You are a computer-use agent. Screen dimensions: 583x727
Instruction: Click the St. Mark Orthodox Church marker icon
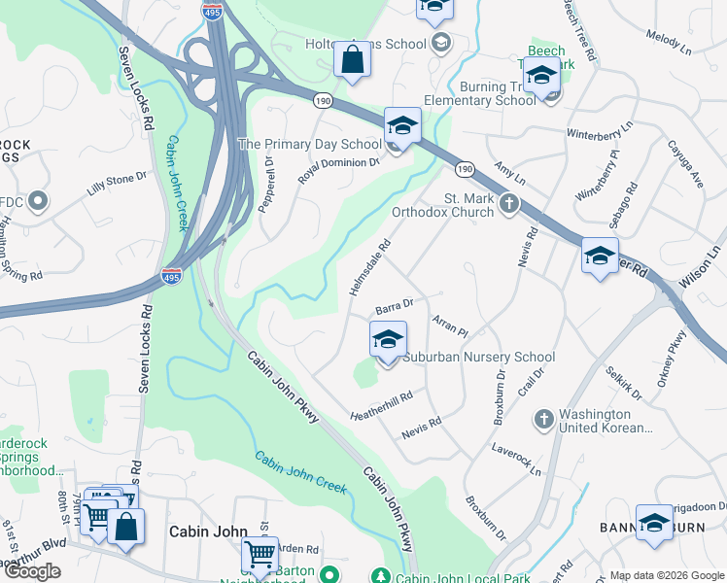click(509, 204)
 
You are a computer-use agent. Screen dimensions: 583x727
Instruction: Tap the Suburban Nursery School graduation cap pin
click(388, 341)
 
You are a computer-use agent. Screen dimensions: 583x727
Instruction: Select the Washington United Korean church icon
click(544, 418)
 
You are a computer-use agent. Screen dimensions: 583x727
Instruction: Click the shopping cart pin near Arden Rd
click(260, 555)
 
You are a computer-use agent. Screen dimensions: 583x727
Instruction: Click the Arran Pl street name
click(450, 325)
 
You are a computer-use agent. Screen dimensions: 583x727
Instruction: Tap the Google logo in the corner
click(32, 571)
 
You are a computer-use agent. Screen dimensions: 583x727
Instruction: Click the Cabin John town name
click(203, 532)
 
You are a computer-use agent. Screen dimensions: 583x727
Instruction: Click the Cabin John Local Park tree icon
click(385, 576)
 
